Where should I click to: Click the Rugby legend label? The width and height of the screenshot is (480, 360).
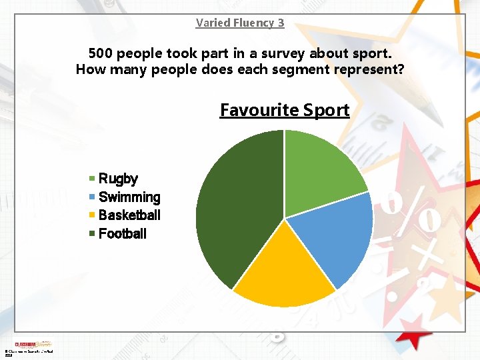coord(118,179)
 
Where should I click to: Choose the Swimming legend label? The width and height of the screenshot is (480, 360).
coord(129,197)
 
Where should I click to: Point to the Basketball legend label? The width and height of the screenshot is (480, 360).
coord(129,215)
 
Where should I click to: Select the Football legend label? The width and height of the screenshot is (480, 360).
coord(123,234)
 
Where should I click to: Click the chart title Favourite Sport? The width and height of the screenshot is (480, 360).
coord(285,110)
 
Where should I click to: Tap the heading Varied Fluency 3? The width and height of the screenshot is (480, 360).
coord(240,23)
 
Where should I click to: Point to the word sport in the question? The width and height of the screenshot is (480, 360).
coord(372,53)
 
